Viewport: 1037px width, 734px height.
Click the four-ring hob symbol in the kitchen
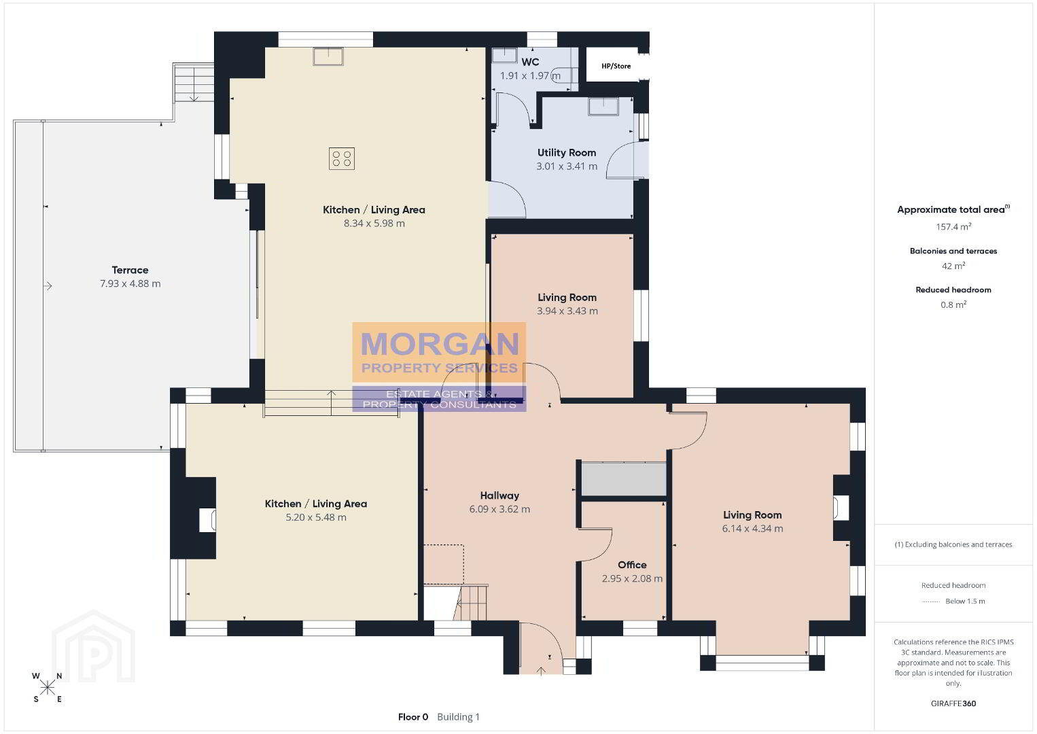(342, 158)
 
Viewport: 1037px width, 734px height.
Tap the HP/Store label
(616, 66)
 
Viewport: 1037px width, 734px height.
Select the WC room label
(530, 62)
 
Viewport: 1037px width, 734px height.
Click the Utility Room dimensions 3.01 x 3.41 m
(567, 167)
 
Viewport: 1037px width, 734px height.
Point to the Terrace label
(130, 270)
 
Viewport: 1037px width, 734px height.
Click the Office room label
(632, 565)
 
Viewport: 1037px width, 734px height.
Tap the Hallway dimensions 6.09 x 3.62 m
(499, 510)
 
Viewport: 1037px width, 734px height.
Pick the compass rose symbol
(47, 688)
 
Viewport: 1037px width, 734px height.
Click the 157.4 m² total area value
(953, 226)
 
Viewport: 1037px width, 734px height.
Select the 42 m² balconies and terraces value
(953, 266)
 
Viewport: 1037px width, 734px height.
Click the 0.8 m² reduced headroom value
(953, 304)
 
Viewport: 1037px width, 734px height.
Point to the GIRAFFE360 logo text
(953, 703)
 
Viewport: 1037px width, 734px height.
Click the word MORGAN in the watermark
(440, 344)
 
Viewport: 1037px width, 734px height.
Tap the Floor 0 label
(413, 717)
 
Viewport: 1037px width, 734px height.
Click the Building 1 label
(458, 717)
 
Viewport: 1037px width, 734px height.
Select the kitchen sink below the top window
(328, 56)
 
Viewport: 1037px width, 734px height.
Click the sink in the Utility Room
(603, 106)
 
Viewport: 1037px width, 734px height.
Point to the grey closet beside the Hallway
(624, 479)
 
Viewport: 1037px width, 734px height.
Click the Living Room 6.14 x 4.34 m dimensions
(752, 529)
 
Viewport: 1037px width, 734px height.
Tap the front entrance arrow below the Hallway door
(541, 670)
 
